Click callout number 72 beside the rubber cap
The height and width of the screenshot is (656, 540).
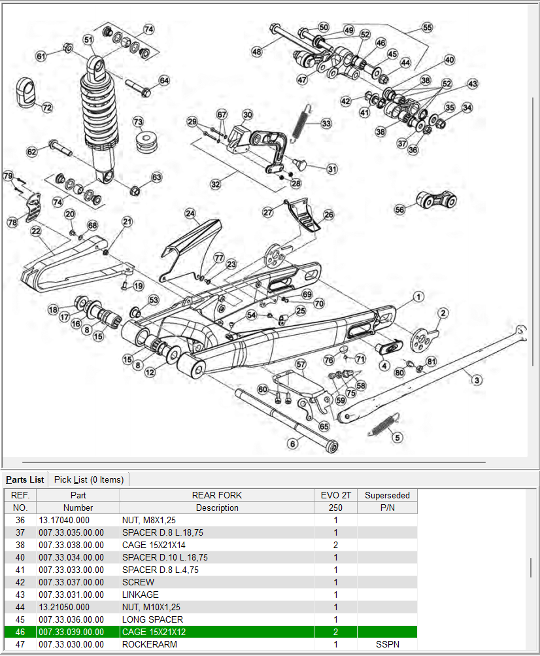47,107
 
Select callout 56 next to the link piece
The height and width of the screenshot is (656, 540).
400,209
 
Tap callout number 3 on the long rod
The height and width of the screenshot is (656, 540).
477,380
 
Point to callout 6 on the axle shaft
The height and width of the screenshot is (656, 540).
292,444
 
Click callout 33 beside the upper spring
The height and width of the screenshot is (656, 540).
326,123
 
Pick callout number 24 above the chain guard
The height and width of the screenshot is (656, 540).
190,213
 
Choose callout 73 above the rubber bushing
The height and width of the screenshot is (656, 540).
138,122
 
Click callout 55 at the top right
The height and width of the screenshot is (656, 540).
428,28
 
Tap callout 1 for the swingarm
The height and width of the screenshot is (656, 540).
418,297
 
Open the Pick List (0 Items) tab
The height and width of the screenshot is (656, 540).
88,479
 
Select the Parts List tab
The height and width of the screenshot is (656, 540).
25,479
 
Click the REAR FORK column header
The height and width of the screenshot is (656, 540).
217,495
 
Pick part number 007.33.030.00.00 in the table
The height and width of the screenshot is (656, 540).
71,644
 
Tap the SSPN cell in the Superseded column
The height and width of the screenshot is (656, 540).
387,644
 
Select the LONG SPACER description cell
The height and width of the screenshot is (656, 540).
152,619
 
